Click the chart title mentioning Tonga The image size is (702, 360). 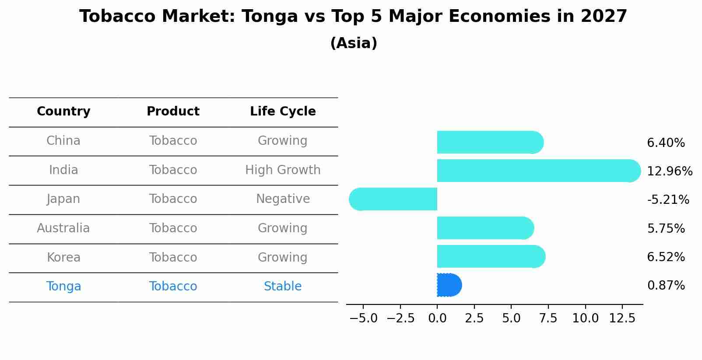coord(353,17)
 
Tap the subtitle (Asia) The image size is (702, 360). coord(354,43)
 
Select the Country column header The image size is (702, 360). coord(63,112)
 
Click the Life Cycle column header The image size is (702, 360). coord(283,112)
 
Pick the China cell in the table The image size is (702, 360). coord(63,141)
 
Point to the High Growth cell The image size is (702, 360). coord(283,170)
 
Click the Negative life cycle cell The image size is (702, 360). coord(283,199)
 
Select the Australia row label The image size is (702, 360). coord(63,228)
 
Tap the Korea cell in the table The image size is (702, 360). coord(63,258)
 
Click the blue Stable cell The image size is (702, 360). coord(283,287)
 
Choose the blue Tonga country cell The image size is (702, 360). coord(63,287)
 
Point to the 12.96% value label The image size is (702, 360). coord(670,171)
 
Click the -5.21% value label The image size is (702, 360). coord(668,200)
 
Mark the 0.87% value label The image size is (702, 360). coord(666,286)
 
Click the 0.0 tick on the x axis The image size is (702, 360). coord(437,318)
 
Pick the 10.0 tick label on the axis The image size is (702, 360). coord(585,318)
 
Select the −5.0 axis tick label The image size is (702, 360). coord(363,318)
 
